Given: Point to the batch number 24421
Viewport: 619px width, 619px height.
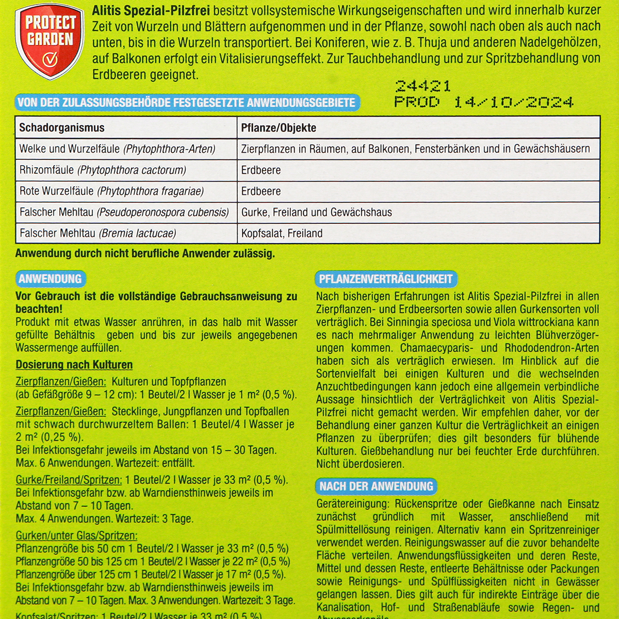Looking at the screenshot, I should click(423, 86).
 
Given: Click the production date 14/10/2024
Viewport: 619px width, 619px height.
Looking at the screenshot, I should click(513, 102).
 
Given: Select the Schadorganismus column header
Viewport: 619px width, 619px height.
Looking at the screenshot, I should click(62, 128).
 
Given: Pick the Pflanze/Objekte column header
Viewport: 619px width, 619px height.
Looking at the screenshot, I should click(279, 128).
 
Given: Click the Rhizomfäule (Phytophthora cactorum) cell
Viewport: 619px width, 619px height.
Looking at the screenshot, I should click(103, 170).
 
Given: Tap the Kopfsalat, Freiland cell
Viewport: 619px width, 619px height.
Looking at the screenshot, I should click(282, 234).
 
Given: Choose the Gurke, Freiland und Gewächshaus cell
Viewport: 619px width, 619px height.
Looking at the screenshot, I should click(317, 213).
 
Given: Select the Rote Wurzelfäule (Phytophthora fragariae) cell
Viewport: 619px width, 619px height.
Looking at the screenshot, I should click(111, 191).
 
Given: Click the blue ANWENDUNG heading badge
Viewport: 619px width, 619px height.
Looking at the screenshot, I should click(50, 279).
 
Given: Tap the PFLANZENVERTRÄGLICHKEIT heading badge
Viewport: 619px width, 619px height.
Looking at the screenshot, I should click(385, 279).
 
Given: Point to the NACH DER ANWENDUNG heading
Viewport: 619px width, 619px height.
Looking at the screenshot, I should click(376, 486).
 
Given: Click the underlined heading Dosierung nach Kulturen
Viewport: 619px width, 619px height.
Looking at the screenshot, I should click(74, 365).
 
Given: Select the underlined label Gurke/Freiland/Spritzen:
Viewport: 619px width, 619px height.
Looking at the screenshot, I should click(69, 480).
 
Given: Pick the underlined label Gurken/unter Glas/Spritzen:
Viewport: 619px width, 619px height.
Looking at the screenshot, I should click(76, 536).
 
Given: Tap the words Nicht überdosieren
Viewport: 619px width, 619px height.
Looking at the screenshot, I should click(360, 464).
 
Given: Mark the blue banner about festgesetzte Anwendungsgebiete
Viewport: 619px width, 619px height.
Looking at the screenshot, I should click(186, 103).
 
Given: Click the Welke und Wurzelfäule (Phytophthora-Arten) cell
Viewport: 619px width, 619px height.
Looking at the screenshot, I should click(117, 149).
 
